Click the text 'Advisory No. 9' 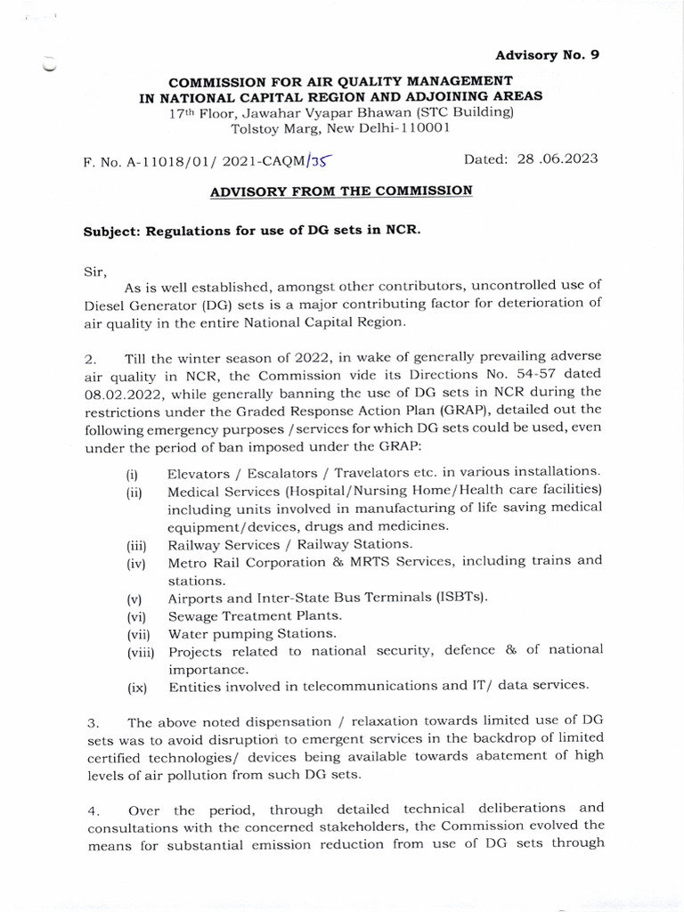click(547, 54)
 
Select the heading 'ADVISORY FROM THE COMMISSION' click(341, 191)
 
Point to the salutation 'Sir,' click(94, 268)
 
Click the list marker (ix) click(135, 687)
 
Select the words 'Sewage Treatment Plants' click(255, 615)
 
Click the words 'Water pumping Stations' click(252, 633)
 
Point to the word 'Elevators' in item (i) click(203, 472)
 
